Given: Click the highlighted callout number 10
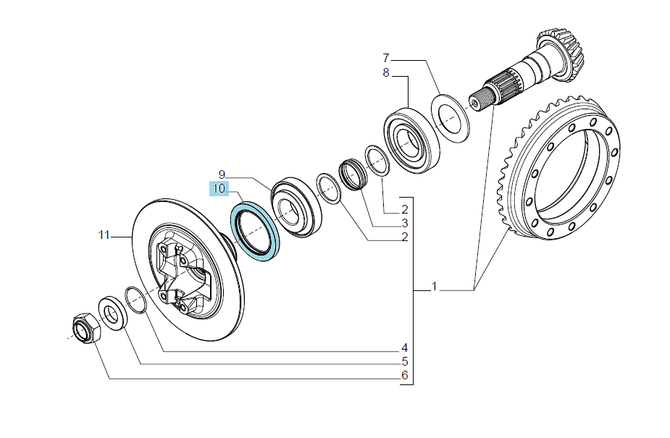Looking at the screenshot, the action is [219, 188].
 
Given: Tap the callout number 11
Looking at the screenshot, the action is [104, 235].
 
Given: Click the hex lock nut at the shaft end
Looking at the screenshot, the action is [86, 328].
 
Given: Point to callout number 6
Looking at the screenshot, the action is [405, 375].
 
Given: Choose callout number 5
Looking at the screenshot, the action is [405, 361].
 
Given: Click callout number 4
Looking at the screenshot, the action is [405, 348].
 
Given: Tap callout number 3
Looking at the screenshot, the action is [405, 223].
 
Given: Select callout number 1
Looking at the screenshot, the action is [434, 286].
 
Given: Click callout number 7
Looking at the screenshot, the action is [386, 58].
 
